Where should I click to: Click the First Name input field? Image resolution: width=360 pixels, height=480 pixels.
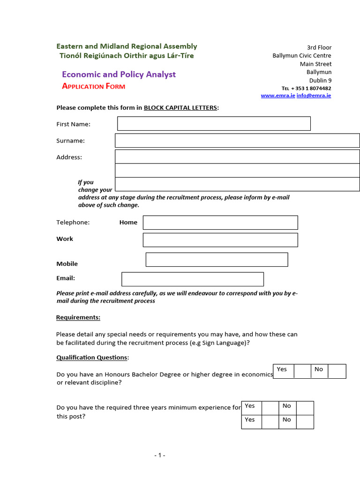214,124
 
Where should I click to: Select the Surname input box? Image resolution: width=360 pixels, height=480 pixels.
237,141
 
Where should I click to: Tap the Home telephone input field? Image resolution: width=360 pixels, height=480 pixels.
220,223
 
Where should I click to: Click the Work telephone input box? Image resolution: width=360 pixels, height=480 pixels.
220,240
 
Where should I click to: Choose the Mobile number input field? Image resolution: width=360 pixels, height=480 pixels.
217,260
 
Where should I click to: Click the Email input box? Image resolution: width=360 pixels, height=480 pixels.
193,279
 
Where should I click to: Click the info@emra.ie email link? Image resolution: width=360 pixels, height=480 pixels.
314,96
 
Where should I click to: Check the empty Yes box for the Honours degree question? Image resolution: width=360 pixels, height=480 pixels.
302,371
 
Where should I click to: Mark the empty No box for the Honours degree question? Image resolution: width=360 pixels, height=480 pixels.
337,371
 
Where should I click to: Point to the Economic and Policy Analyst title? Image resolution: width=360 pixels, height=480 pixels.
119,75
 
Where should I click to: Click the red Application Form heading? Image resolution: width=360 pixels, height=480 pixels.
94,86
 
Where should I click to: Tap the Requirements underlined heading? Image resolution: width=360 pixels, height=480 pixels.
78,318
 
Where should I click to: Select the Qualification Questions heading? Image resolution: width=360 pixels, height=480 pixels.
92,358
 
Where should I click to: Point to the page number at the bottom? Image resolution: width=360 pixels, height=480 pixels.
160,455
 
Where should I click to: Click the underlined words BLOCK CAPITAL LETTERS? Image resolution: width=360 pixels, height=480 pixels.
180,108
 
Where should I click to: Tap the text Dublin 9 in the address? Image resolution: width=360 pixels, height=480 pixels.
320,81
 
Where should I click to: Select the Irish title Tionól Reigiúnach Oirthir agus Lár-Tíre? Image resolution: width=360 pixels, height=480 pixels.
127,56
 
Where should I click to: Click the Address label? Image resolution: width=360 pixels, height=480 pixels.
69,157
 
